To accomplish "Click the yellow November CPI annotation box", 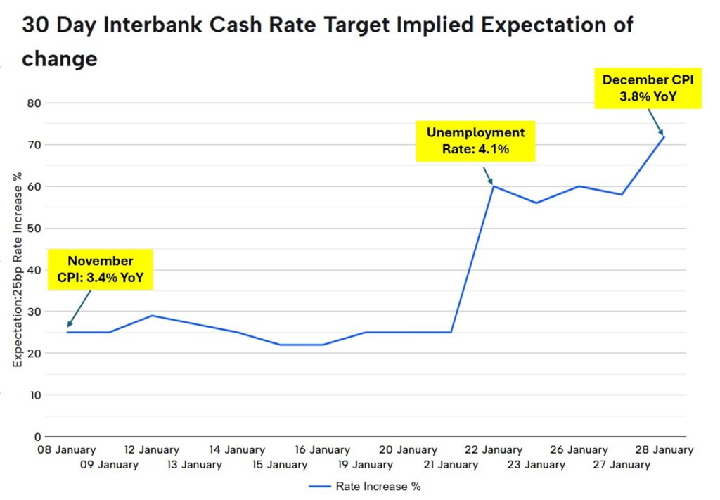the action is click(100, 269).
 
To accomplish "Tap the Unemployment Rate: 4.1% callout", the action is click(476, 141).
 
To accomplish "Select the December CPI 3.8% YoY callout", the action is click(648, 88).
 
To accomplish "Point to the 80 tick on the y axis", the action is click(34, 103).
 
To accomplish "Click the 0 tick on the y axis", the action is click(38, 437).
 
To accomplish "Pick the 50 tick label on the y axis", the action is click(34, 228).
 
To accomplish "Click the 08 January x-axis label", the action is click(67, 450).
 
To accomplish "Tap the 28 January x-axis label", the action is click(664, 450).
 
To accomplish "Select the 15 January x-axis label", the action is click(280, 465).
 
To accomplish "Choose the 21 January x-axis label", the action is click(451, 465).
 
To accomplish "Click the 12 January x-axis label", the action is click(152, 450).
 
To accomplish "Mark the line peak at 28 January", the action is click(664, 137).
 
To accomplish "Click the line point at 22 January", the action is click(493, 186).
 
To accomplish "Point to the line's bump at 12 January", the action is click(152, 316).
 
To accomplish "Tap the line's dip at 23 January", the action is click(536, 203).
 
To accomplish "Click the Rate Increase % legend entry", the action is click(365, 486).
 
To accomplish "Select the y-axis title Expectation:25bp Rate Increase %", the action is click(18, 270).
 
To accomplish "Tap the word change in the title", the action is click(60, 59).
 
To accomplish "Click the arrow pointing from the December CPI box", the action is click(656, 122).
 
